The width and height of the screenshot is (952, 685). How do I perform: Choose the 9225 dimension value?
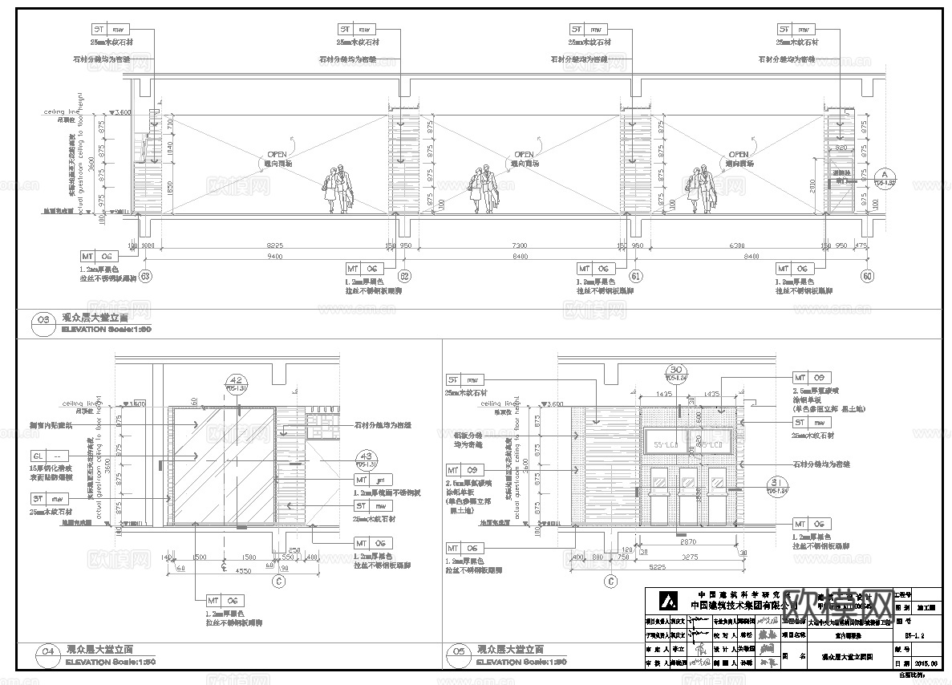pos(274,244)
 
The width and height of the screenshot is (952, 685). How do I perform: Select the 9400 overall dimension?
pos(274,256)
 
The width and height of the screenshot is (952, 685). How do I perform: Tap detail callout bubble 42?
pos(236,381)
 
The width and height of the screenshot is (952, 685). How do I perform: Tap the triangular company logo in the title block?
pos(664,601)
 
